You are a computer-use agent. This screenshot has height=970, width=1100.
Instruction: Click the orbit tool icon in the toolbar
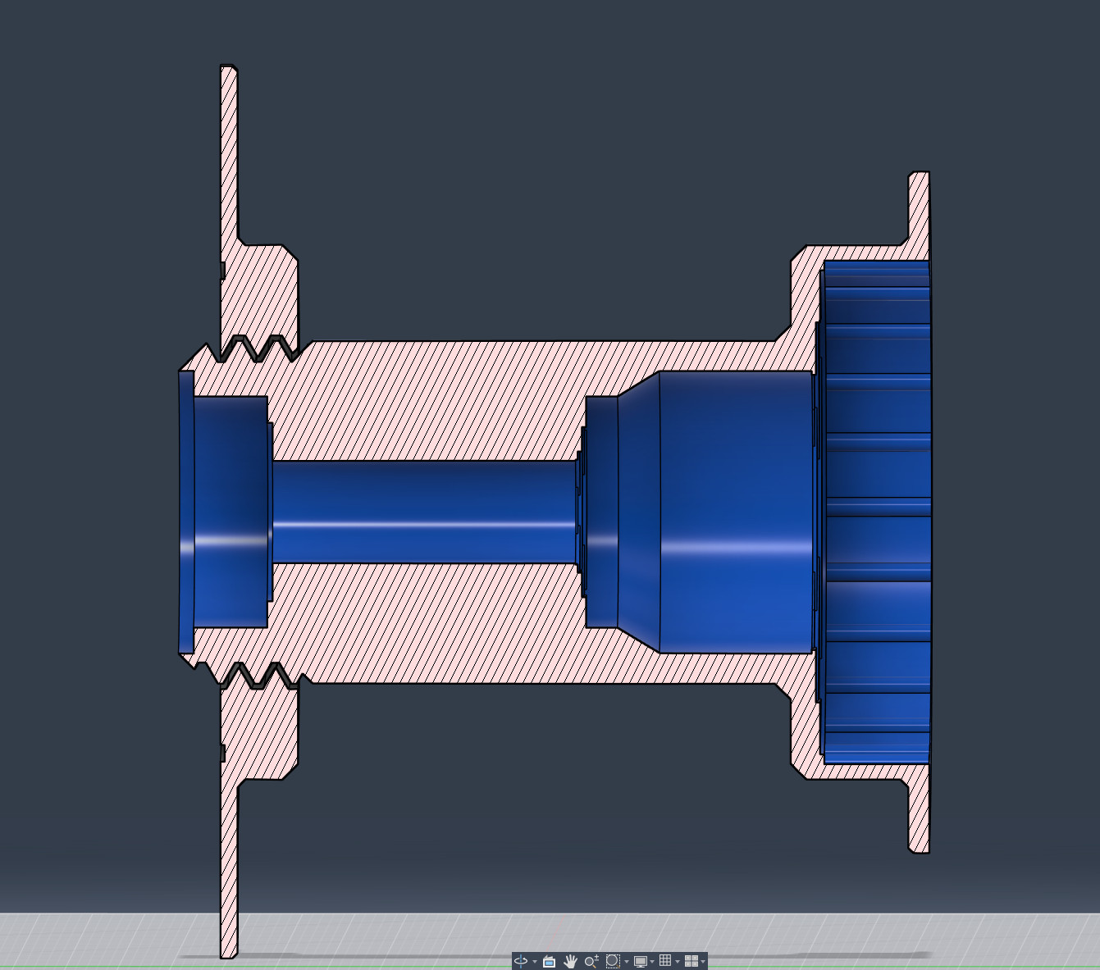tap(520, 961)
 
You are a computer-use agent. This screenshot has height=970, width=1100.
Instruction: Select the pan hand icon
tap(570, 961)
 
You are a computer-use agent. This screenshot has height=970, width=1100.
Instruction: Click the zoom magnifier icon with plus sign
tap(591, 961)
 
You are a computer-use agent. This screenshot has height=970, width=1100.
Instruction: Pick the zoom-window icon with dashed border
tap(612, 961)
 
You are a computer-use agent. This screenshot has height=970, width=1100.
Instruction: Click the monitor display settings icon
tap(640, 961)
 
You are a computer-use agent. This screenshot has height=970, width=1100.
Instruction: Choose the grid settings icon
tap(665, 961)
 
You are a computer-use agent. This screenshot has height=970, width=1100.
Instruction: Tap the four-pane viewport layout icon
tap(691, 961)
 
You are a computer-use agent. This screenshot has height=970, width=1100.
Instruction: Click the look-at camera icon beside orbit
tap(549, 961)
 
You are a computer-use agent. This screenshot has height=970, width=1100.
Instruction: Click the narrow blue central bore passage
tap(422, 512)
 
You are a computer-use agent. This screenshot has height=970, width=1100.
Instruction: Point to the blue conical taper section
tap(638, 512)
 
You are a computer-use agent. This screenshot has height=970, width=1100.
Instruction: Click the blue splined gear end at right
tap(876, 512)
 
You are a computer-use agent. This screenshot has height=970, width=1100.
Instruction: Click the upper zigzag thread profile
tap(254, 348)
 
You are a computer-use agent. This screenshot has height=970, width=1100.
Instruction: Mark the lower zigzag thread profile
tap(254, 676)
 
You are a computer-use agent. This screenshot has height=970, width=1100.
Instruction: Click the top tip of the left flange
tap(228, 69)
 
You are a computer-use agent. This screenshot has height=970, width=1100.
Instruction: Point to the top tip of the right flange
tap(919, 175)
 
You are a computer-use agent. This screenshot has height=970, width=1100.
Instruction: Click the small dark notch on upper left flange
tap(222, 270)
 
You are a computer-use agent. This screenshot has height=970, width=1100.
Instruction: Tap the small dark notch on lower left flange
tap(222, 753)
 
